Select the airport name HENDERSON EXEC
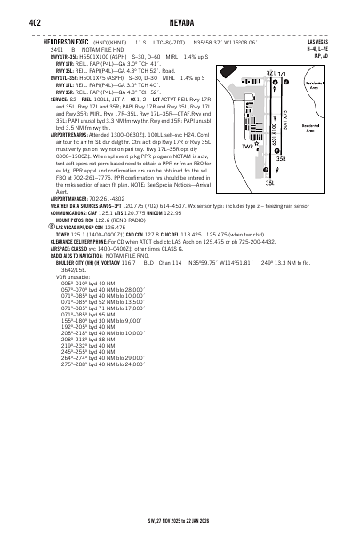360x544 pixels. pos(66,42)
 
